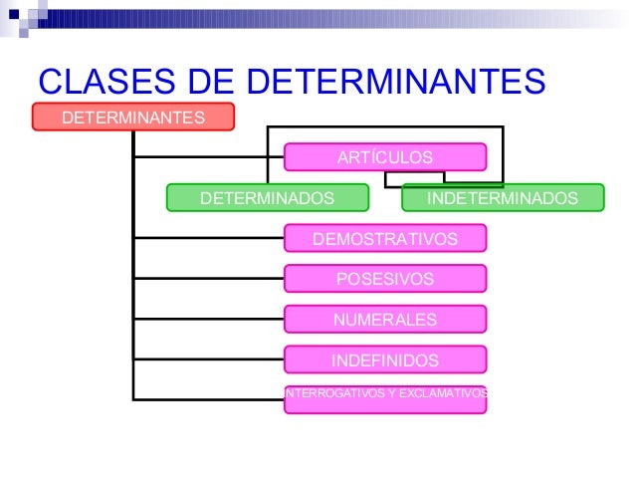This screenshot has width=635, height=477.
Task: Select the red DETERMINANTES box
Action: [133, 118]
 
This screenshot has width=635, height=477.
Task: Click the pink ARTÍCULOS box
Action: [385, 157]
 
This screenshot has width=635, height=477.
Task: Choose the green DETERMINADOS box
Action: [268, 198]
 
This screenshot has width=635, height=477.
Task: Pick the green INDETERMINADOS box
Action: [503, 198]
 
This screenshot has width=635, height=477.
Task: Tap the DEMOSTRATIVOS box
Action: [385, 238]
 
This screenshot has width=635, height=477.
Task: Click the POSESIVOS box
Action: [385, 279]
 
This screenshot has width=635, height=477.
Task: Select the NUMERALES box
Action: [385, 319]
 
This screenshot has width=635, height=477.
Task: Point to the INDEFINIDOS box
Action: [385, 358]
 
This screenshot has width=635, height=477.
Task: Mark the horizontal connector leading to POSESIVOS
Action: [209, 279]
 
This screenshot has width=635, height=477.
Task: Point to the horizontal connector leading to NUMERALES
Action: [209, 319]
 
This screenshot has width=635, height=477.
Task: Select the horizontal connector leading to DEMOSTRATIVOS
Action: [209, 238]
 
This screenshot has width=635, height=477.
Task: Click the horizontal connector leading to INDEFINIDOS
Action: [209, 358]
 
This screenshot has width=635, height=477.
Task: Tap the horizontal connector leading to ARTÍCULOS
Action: [209, 157]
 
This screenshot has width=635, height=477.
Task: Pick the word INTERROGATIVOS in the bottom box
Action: [329, 393]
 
